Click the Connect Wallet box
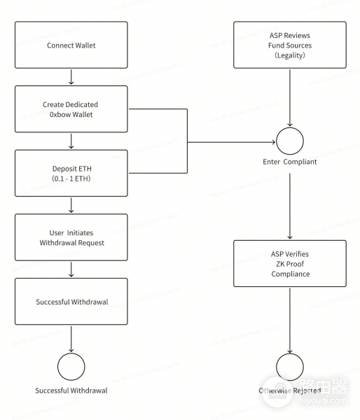[x=71, y=45]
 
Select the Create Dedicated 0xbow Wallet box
[x=71, y=108]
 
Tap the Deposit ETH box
[x=71, y=173]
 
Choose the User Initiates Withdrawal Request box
[x=71, y=237]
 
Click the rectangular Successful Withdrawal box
[x=71, y=301]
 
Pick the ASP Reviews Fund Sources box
[x=289, y=45]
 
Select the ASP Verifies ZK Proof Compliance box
[x=289, y=263]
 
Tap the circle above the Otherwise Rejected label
[x=289, y=365]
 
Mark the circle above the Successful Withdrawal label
[x=71, y=365]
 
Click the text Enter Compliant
[x=289, y=162]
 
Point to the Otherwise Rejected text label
[x=289, y=390]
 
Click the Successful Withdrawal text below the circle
[x=71, y=390]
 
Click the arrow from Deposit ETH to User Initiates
[x=71, y=205]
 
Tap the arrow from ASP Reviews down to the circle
[x=289, y=98]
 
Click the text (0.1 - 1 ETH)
[x=71, y=178]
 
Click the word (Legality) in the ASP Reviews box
[x=289, y=55]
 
